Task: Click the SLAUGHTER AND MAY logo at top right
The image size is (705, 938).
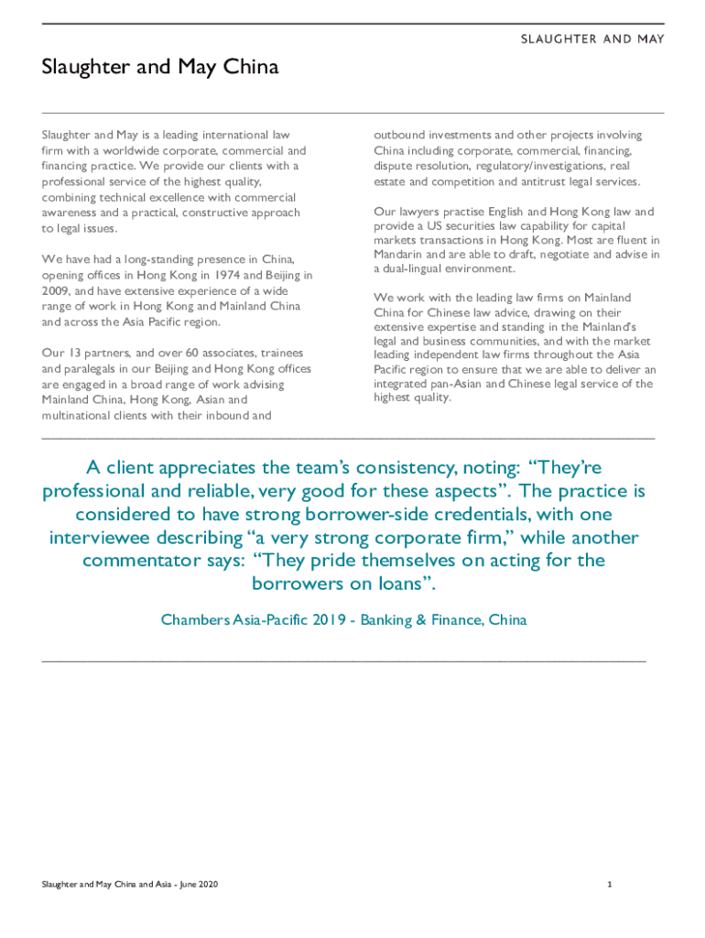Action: click(592, 39)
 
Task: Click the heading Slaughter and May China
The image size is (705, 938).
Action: click(160, 68)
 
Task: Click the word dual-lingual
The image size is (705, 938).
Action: click(412, 269)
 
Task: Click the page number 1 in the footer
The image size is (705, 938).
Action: click(608, 885)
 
